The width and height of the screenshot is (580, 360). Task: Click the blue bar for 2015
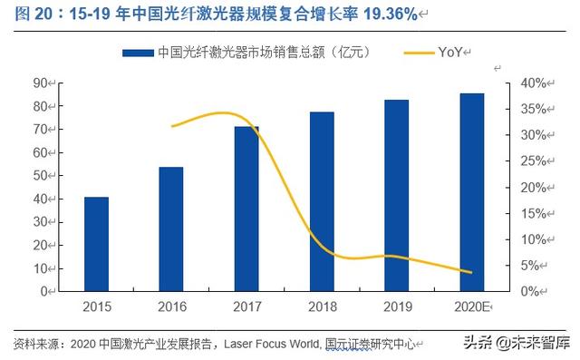coord(96,244)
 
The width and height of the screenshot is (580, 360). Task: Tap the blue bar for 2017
coord(246,209)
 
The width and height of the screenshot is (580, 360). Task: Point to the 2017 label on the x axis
coord(246,307)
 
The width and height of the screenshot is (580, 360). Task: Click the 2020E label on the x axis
coord(471,307)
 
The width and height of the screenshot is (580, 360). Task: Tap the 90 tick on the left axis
coord(40,83)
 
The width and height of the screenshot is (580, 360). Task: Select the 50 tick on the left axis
coord(40,176)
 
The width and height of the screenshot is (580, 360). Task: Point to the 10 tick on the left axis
coord(40,268)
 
